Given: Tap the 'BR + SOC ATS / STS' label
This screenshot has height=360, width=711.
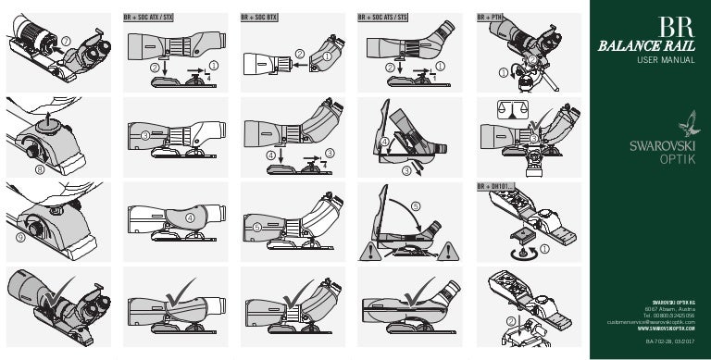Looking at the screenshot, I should click(382, 17).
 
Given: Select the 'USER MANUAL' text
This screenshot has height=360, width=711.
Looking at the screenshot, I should click(665, 60).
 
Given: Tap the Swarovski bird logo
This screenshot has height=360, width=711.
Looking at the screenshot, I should click(687, 123).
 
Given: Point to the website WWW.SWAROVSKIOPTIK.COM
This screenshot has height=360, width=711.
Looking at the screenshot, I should click(667, 328).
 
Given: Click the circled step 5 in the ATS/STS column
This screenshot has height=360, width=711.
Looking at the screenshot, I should click(415, 205).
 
